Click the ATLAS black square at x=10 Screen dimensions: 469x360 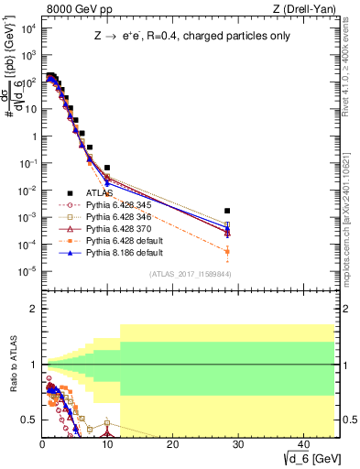[x=107, y=168]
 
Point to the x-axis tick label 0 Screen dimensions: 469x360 [x=42, y=444]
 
